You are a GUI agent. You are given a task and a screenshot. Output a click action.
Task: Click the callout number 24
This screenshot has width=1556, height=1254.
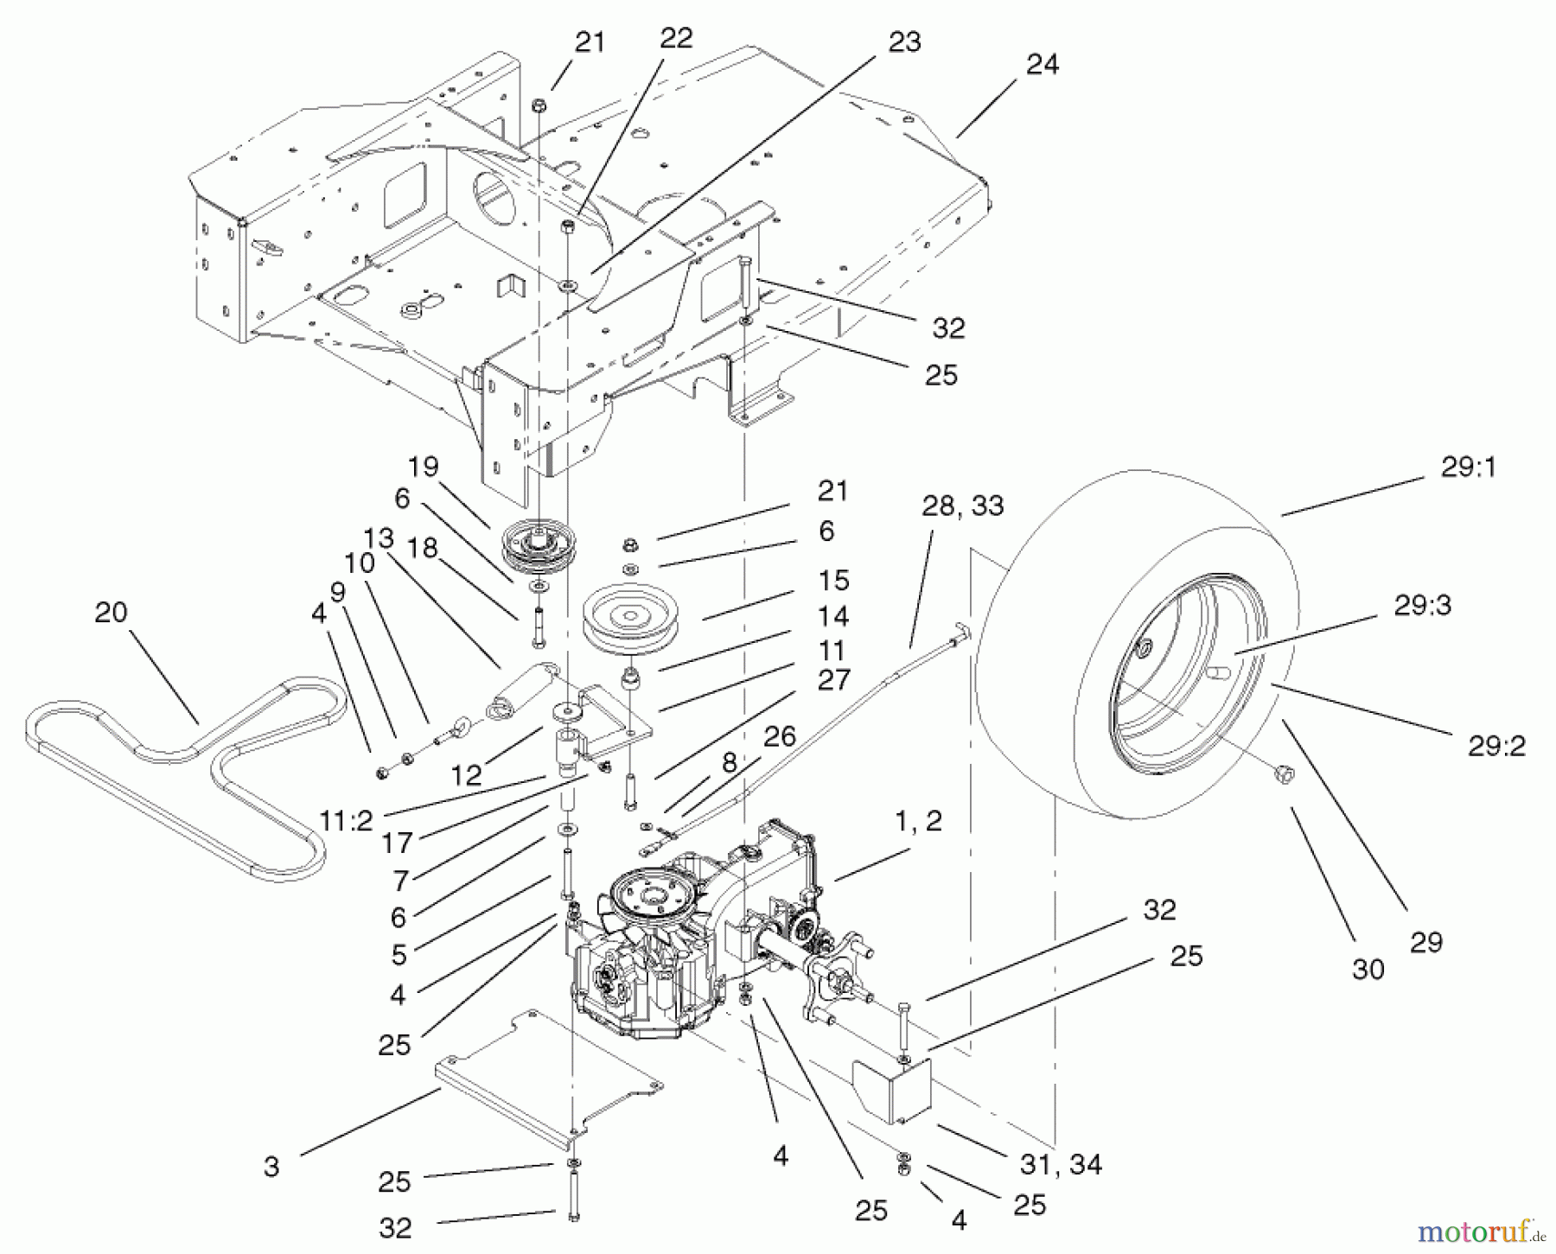click(x=1043, y=65)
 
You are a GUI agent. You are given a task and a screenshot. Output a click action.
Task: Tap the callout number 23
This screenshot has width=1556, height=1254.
click(x=904, y=42)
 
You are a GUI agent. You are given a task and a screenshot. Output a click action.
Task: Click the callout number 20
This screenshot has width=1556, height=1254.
click(x=111, y=613)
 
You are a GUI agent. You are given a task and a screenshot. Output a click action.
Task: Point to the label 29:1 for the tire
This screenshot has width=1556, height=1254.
click(x=1469, y=468)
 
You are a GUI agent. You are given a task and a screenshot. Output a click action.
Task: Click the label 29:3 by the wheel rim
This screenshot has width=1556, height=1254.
click(x=1422, y=606)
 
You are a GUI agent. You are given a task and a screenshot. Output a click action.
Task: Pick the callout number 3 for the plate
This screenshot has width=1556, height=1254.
click(x=271, y=1167)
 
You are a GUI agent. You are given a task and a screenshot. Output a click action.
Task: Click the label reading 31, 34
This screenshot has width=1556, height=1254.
click(x=1061, y=1164)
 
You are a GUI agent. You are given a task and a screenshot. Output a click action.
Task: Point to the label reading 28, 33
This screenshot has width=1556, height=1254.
click(x=962, y=506)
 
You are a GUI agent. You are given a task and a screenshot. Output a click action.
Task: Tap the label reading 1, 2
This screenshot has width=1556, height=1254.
click(x=918, y=822)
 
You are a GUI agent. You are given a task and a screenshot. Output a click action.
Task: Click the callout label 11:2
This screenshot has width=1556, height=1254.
click(x=347, y=821)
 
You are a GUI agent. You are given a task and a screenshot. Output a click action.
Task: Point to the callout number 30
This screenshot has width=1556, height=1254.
click(x=1368, y=970)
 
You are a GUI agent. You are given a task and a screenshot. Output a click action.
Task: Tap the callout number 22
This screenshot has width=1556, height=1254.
click(x=675, y=39)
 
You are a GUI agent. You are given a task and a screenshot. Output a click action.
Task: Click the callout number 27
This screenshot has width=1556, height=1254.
click(x=832, y=680)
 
